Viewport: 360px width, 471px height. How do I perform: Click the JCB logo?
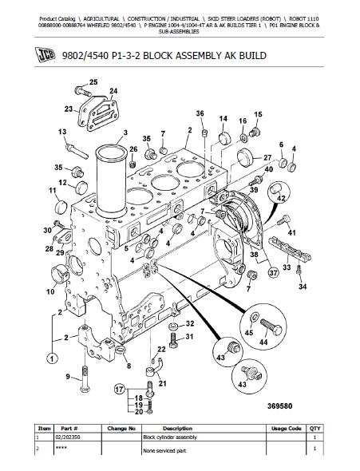(x=45, y=55)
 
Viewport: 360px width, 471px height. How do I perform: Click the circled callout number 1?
(x=52, y=358)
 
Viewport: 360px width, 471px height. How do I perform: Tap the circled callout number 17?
(x=120, y=390)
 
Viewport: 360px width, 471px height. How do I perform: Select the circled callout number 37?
(x=273, y=273)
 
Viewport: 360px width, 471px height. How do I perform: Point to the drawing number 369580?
(x=279, y=406)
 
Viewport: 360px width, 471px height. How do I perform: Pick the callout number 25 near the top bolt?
(x=93, y=82)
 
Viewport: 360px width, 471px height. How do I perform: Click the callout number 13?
(x=62, y=132)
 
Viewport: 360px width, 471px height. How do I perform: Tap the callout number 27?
(x=267, y=157)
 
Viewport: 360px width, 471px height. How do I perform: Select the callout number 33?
(x=287, y=267)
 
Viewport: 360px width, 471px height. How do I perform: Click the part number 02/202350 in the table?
(x=68, y=437)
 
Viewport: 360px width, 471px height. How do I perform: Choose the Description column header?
(x=177, y=429)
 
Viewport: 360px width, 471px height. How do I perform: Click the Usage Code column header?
(x=286, y=429)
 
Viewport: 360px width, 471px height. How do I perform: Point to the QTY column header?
(x=315, y=429)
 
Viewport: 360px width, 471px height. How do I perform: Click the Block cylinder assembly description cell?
(x=170, y=437)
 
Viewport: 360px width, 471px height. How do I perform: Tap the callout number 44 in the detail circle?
(x=263, y=342)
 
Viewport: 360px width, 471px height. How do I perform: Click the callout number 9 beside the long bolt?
(x=68, y=376)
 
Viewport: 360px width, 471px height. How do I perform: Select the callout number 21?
(x=162, y=383)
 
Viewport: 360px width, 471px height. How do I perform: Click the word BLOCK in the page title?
(x=157, y=56)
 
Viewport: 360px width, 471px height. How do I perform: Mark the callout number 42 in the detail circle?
(x=281, y=198)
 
